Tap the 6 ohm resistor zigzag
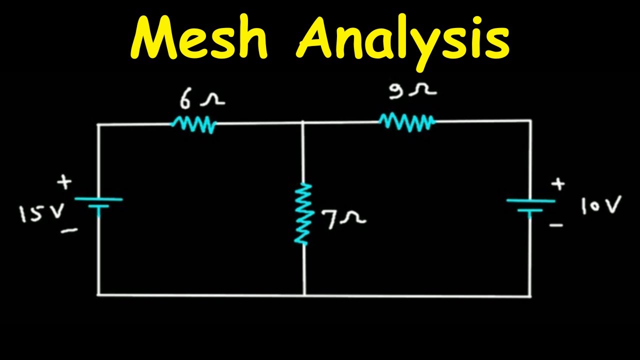coord(193,124)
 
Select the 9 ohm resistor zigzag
coord(407,121)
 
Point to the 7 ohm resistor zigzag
coord(303,214)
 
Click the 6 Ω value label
coord(201,100)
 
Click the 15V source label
coord(41,214)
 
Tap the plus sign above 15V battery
coord(64,182)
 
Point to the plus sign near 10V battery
coord(558,184)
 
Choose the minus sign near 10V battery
coord(556,225)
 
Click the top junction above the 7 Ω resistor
coord(303,122)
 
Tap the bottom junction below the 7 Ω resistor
coord(304,295)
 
